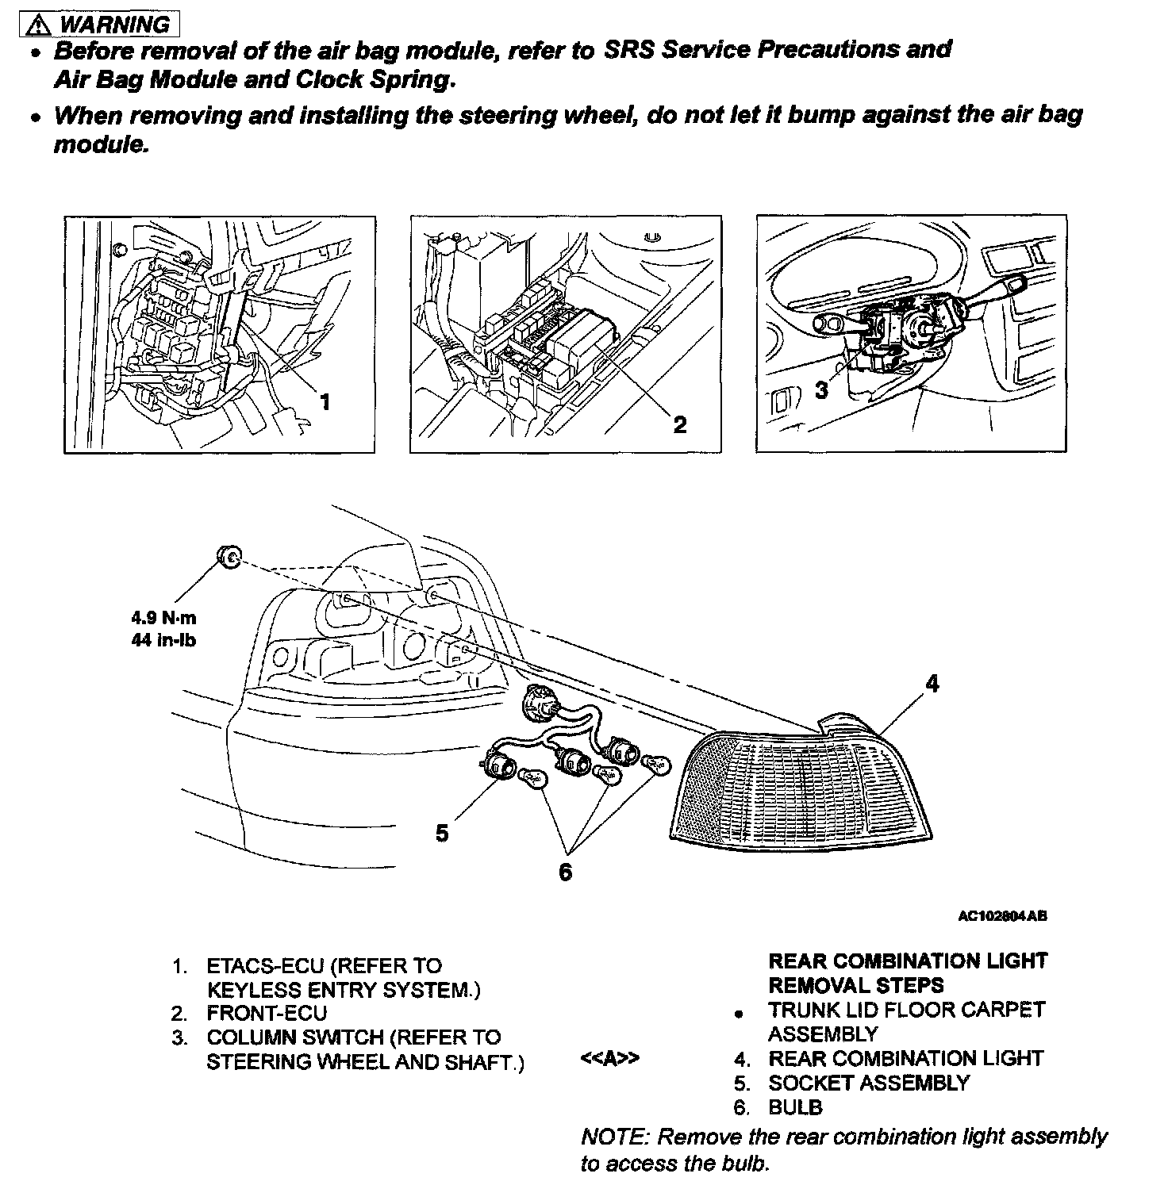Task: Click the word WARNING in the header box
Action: [114, 25]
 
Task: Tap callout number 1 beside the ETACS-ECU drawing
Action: [324, 402]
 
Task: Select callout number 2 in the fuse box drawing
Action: [679, 424]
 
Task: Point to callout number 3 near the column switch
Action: [821, 389]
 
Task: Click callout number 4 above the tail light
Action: [932, 683]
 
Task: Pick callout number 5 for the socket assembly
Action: [442, 833]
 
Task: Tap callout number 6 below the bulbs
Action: [565, 872]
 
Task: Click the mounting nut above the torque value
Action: [229, 558]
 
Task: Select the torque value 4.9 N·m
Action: [163, 618]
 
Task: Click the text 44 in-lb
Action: [163, 639]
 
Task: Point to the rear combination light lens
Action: [801, 785]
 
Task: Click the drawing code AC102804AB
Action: [1002, 916]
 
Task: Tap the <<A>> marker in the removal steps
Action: [609, 1059]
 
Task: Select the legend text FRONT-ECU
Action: [267, 1013]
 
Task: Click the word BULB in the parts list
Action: [795, 1107]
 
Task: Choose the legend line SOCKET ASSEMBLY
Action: [869, 1083]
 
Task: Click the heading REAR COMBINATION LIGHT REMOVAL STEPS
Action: [908, 973]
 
